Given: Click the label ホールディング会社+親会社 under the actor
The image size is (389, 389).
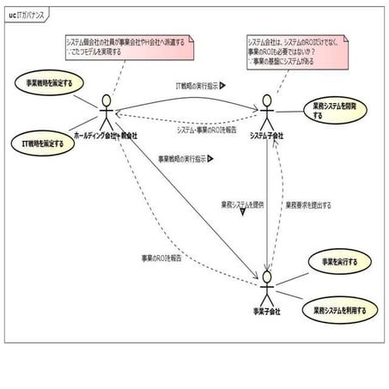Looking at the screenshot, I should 104,136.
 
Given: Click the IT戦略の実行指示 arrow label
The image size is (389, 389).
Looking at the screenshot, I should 194,86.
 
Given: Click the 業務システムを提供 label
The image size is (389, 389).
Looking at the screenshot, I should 242,204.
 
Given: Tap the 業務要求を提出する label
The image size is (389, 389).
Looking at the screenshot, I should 308,205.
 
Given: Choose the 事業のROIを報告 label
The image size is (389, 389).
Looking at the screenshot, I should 161,258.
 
